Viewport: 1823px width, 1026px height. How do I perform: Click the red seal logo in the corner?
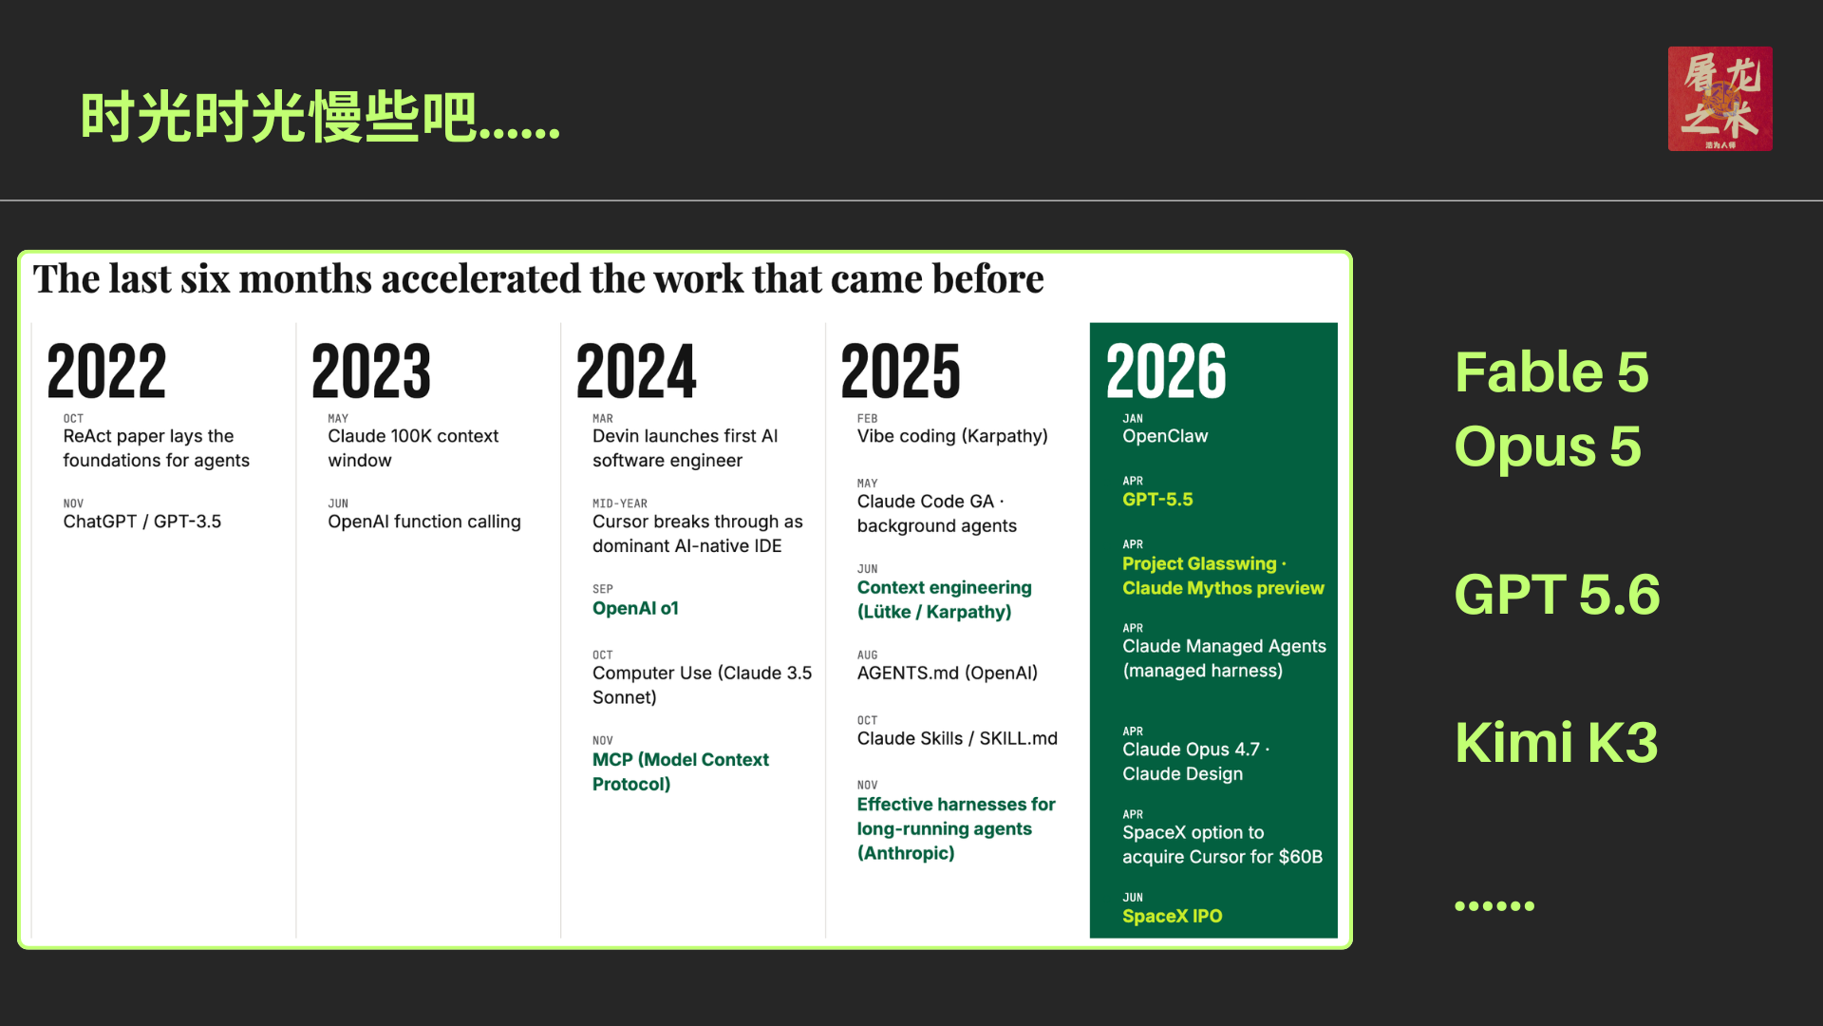1720,99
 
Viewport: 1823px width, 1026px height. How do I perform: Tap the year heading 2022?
106,370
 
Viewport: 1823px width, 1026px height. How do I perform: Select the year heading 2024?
636,370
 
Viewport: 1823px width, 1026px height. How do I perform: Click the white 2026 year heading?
1166,370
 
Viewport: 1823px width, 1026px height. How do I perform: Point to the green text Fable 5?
1551,371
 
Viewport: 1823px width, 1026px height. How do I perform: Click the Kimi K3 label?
1556,742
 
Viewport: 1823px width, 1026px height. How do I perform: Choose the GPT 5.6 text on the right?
1557,595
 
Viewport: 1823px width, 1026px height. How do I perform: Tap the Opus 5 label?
1548,446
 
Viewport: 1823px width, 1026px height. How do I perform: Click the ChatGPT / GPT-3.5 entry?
142,522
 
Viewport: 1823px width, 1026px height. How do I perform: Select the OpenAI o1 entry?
635,608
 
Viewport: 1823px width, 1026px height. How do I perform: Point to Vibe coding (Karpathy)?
952,436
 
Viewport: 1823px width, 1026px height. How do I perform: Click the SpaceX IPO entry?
1172,916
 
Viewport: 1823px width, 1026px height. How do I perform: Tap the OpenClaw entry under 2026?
1165,436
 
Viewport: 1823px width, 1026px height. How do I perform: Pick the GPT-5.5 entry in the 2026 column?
1157,500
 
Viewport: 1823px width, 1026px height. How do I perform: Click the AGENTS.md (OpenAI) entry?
947,674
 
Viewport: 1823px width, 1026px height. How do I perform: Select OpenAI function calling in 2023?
423,522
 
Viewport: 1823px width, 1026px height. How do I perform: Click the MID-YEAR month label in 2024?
620,503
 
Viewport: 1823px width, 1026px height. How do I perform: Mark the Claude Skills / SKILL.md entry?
957,738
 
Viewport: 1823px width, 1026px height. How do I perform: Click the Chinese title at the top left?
320,118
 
